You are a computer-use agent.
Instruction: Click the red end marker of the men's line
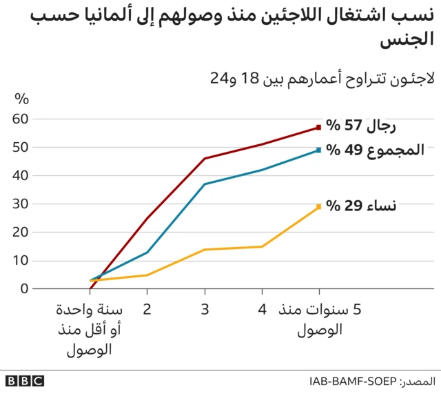[318, 127]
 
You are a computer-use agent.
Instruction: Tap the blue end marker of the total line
[318, 150]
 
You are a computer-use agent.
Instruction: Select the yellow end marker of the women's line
[318, 206]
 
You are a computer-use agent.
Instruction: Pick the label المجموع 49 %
[375, 150]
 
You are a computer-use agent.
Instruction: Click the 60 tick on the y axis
[21, 119]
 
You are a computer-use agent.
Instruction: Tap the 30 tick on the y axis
[21, 204]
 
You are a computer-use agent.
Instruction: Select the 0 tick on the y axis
[25, 288]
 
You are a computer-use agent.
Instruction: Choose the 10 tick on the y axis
[21, 260]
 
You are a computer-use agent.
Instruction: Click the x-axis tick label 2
[147, 311]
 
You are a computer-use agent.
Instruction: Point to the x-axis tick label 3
[205, 311]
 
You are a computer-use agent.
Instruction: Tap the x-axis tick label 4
[262, 311]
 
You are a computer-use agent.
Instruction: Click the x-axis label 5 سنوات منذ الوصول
[319, 319]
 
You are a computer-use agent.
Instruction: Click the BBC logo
[24, 381]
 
